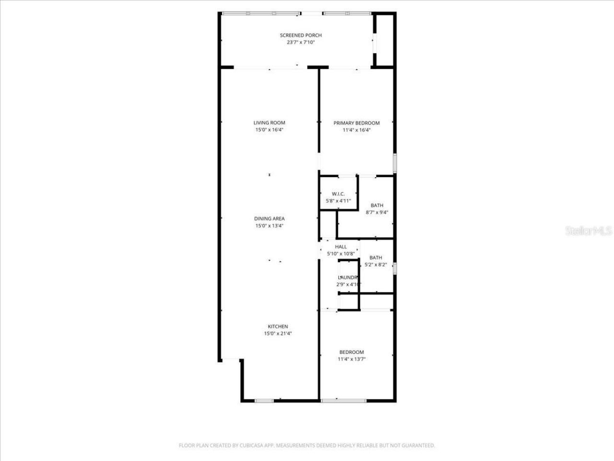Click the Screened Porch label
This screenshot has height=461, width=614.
(301, 35)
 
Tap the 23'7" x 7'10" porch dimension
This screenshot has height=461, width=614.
(301, 42)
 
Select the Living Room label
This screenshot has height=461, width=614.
(269, 122)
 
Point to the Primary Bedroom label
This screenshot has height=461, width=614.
(356, 123)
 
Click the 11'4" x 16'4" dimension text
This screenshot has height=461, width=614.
(356, 130)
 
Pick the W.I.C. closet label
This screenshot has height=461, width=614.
(338, 194)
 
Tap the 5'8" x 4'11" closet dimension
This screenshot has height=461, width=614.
(338, 201)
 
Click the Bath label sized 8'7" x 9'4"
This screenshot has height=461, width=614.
(377, 206)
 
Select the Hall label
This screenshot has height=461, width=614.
(341, 247)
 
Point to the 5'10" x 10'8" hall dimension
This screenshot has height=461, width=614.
(341, 254)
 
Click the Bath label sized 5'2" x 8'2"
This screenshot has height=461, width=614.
(376, 258)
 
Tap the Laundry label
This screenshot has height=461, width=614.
(348, 278)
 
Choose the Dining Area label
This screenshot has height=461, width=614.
(269, 219)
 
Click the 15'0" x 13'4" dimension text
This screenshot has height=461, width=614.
(269, 226)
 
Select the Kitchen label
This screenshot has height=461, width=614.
(278, 327)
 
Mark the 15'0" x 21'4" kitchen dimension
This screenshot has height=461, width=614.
(278, 333)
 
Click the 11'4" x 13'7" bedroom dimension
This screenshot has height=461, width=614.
(352, 359)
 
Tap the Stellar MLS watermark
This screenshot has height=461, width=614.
(589, 231)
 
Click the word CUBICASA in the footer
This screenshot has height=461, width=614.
(249, 446)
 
